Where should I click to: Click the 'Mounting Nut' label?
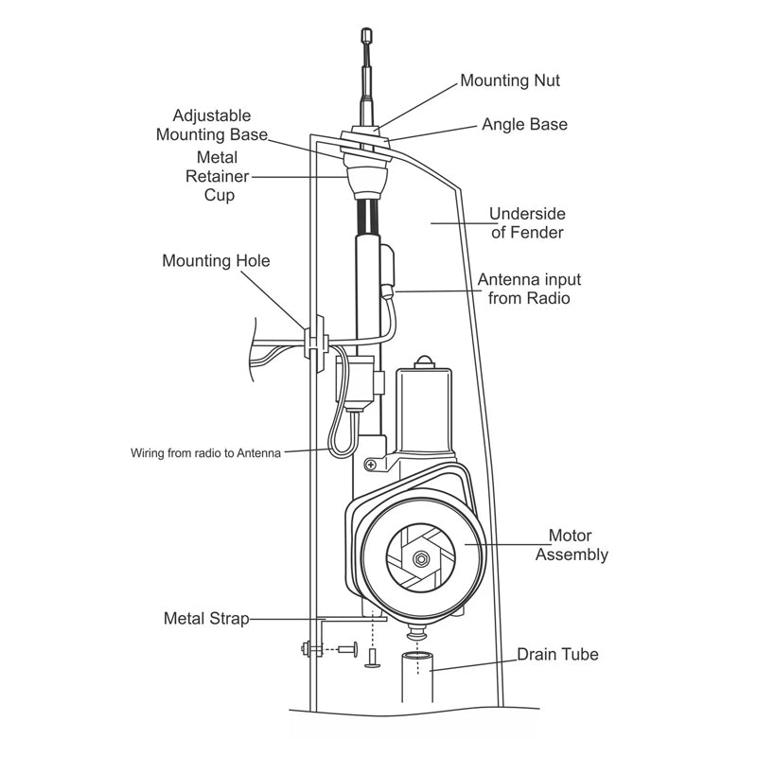click(x=510, y=80)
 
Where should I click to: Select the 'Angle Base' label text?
click(x=524, y=124)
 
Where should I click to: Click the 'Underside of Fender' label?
click(x=527, y=223)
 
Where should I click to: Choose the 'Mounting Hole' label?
click(x=216, y=260)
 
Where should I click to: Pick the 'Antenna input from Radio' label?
click(x=529, y=290)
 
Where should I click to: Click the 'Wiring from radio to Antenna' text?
click(x=205, y=452)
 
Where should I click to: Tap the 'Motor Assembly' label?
click(x=572, y=545)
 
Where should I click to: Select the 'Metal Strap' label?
click(x=206, y=619)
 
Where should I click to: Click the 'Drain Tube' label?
click(x=557, y=654)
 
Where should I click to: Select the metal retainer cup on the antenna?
click(x=367, y=178)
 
